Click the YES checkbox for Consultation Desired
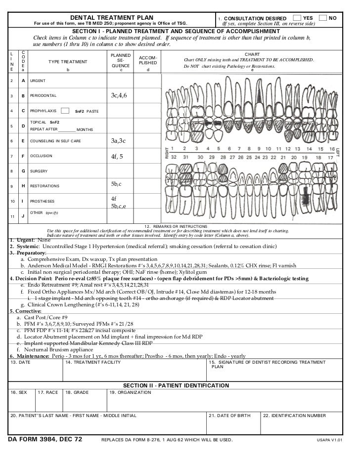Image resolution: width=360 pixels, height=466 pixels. (296, 18)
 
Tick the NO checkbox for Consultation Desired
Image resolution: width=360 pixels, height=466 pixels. (323, 18)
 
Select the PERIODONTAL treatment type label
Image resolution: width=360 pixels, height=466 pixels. (44, 95)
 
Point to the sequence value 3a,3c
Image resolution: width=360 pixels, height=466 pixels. (119, 141)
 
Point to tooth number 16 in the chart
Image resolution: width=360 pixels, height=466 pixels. (331, 148)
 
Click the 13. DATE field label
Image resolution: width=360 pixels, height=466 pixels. (20, 363)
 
